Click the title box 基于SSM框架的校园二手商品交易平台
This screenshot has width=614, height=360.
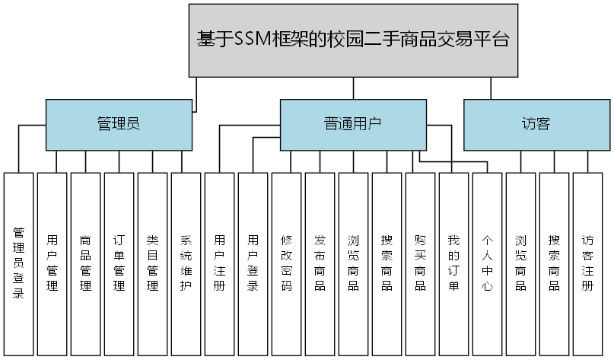(352, 40)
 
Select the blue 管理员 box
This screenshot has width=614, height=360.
(118, 125)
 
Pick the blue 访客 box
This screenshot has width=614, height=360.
(536, 125)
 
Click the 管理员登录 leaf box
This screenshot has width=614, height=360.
(18, 263)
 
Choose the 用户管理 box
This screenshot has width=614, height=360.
(52, 263)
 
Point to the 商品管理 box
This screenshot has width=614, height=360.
(85, 263)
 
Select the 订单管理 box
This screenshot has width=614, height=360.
(119, 263)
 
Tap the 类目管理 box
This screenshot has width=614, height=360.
(152, 263)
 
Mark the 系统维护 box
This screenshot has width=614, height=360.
(186, 263)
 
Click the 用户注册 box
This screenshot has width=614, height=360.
(219, 263)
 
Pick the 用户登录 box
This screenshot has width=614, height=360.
(253, 263)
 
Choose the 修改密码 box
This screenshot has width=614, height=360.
(286, 263)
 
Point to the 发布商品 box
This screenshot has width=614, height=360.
(320, 263)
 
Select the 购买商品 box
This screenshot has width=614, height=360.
(420, 263)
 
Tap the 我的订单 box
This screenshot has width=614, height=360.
(453, 263)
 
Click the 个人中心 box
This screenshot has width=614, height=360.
(487, 263)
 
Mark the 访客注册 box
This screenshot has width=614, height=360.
(587, 263)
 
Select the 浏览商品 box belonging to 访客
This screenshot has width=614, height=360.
(520, 263)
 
